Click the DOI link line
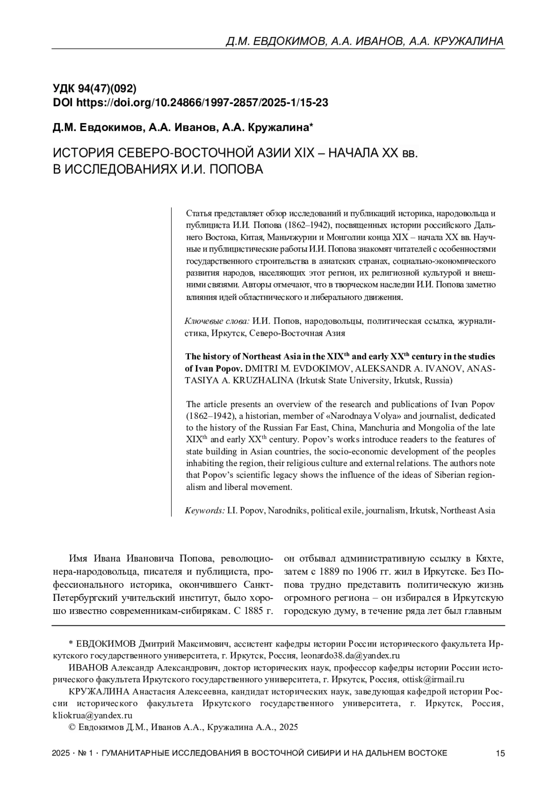191,103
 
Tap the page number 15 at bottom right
500,753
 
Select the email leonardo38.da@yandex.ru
350,656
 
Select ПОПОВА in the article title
236,169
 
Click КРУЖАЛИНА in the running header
468,42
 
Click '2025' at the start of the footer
62,753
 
